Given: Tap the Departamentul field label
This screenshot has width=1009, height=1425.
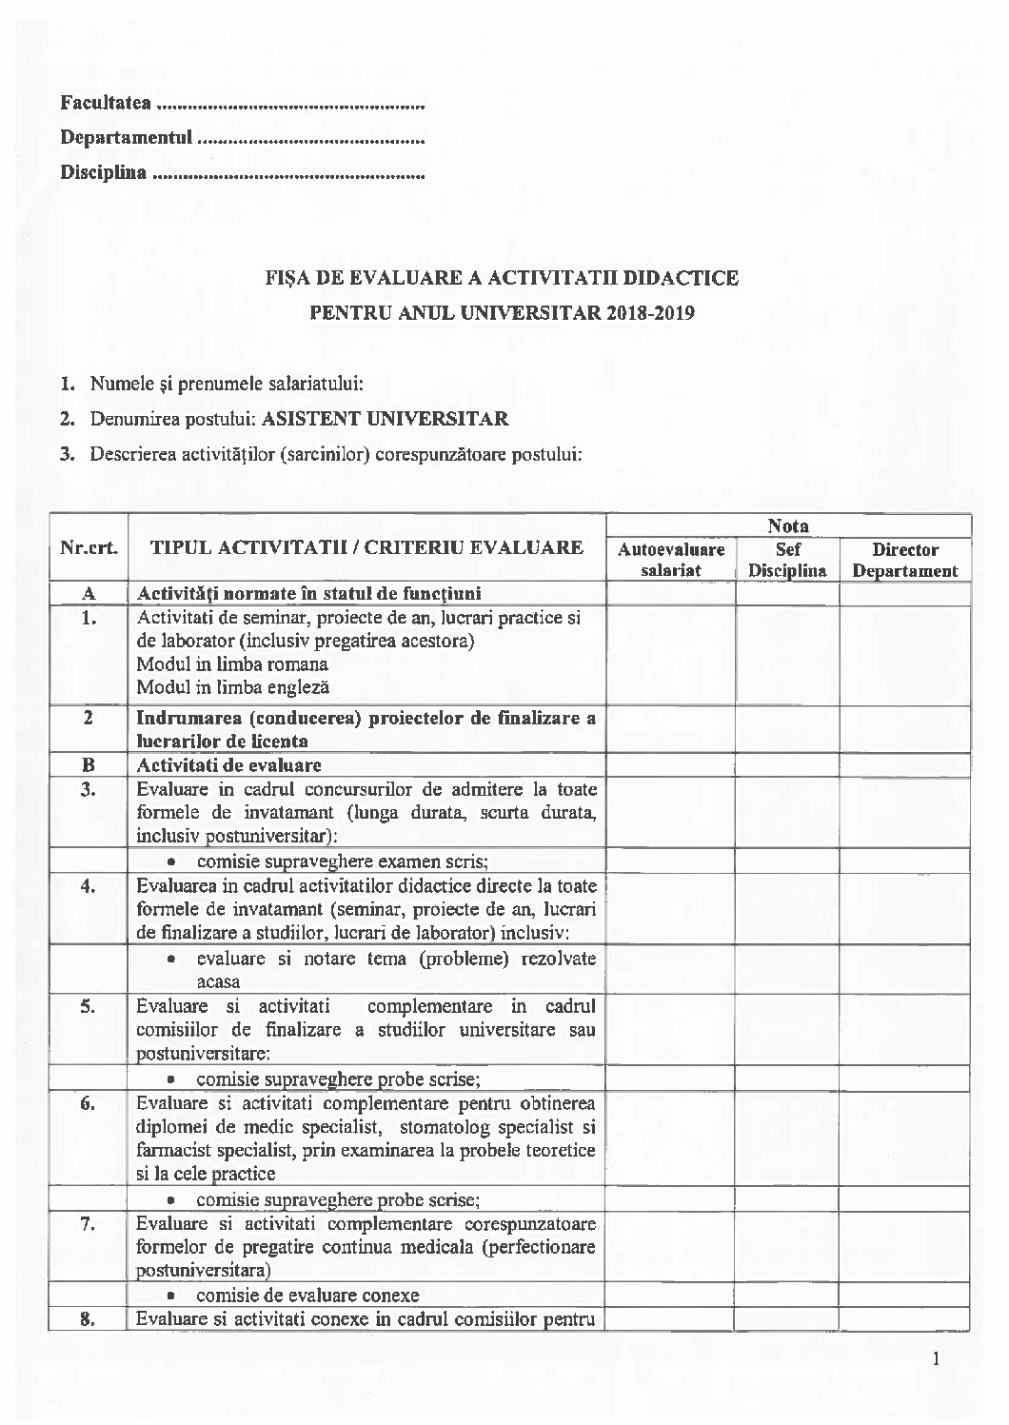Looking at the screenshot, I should tap(127, 138).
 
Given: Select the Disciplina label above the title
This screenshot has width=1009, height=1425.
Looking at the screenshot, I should tap(104, 173).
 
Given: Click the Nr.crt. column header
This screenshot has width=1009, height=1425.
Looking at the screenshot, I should tap(89, 547).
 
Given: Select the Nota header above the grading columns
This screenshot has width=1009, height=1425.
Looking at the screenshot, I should tap(788, 525).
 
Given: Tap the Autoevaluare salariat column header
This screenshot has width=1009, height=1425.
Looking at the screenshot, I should tap(671, 560).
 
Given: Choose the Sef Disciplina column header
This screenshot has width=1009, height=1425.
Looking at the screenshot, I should tap(787, 560).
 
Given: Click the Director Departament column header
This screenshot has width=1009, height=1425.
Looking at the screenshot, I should tap(904, 560).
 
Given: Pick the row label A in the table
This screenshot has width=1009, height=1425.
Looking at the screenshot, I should tap(89, 593).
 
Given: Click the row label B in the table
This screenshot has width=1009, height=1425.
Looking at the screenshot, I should tap(89, 764).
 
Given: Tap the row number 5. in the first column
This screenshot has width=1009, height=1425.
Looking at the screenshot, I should tap(89, 1006).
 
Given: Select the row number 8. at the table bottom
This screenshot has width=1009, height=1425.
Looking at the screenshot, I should tap(89, 1319).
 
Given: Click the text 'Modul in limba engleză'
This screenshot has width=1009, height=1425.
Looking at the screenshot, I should tap(233, 686).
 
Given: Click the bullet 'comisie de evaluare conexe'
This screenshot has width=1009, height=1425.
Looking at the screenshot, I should tap(307, 1295).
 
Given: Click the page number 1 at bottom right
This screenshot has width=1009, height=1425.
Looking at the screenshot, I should tap(937, 1358).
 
